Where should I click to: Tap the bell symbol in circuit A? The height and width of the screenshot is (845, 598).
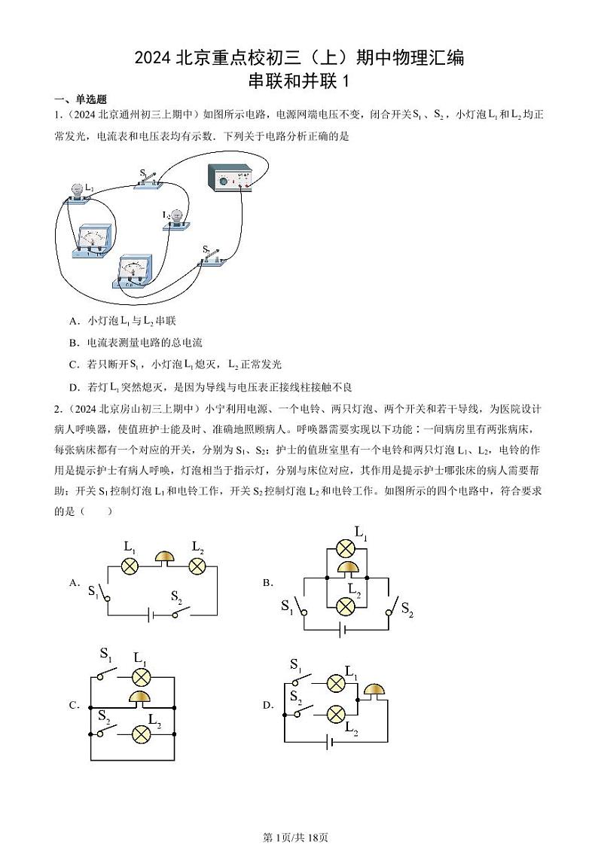click(x=163, y=559)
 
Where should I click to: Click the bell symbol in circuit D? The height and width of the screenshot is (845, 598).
click(x=373, y=691)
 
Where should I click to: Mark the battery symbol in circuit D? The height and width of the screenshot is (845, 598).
click(x=328, y=743)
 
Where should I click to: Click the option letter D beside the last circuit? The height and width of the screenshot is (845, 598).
click(x=267, y=706)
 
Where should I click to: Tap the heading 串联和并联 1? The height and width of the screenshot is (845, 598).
click(x=300, y=81)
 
